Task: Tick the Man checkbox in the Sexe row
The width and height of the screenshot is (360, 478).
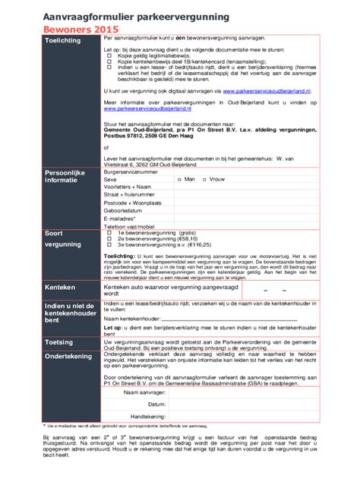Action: click(178, 180)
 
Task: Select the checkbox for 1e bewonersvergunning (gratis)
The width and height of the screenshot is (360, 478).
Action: click(108, 232)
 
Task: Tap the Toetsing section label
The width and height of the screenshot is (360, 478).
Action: click(59, 342)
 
